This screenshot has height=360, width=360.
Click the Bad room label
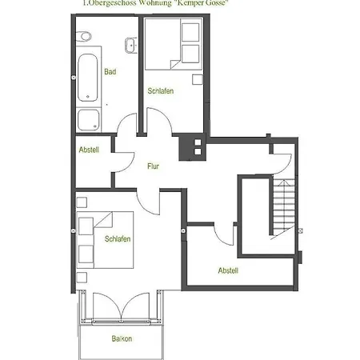(110, 72)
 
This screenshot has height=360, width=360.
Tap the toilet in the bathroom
(84, 37)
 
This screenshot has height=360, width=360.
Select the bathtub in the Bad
(88, 78)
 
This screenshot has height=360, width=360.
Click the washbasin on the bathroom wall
(131, 46)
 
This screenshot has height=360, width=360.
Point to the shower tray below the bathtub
(89, 120)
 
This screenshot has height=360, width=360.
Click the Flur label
(153, 166)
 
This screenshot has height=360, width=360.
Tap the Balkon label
(122, 338)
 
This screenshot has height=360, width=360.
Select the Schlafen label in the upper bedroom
(161, 91)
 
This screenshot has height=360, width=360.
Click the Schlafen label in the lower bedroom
(118, 238)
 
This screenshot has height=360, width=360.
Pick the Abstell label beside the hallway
(89, 150)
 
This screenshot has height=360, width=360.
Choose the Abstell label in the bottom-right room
(228, 270)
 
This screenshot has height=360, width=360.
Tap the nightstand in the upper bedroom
(198, 79)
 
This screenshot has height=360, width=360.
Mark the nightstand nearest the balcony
(82, 278)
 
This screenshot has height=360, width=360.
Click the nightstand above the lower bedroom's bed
(82, 202)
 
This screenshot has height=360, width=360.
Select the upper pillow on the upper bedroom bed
(190, 32)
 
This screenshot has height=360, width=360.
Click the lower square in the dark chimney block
(198, 152)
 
